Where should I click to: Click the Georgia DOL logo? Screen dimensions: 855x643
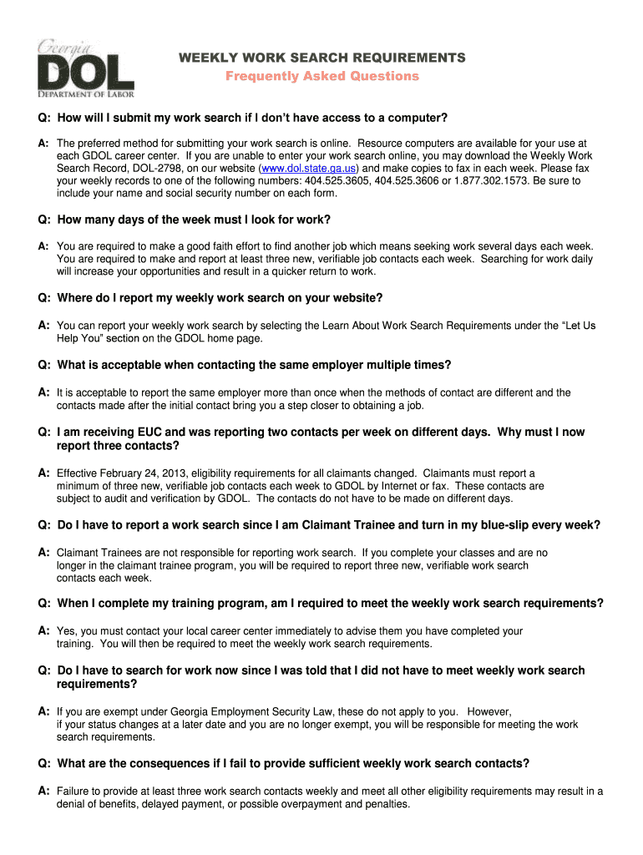[x=85, y=69]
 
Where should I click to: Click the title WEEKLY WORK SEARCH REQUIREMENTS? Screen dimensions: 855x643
[x=323, y=58]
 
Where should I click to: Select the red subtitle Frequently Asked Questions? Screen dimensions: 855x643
[x=322, y=76]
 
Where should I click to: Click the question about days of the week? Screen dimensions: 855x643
[x=194, y=220]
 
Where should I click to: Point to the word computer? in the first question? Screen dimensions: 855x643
[x=420, y=117]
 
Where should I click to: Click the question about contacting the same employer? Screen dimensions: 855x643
[x=254, y=365]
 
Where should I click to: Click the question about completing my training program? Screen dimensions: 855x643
[x=330, y=603]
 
